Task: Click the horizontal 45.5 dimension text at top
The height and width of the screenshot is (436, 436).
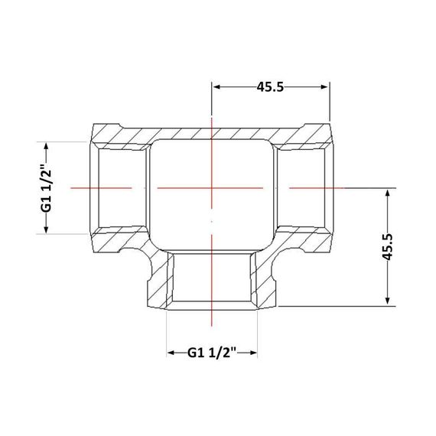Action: [x=270, y=87]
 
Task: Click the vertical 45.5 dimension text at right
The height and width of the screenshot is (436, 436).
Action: [x=387, y=247]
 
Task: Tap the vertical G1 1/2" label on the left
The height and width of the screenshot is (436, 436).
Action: [x=47, y=188]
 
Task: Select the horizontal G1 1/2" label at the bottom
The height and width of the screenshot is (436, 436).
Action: [x=212, y=353]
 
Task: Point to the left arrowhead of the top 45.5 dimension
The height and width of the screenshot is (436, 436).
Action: [x=216, y=87]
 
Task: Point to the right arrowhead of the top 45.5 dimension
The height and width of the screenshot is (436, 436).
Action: [x=324, y=87]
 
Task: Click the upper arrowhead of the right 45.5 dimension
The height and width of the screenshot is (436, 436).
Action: [x=387, y=193]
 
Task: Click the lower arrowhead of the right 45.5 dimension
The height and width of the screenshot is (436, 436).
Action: [x=387, y=301]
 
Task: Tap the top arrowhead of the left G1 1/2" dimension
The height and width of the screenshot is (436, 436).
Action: [x=47, y=146]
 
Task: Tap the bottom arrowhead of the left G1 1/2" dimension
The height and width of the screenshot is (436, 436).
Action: [x=47, y=229]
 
